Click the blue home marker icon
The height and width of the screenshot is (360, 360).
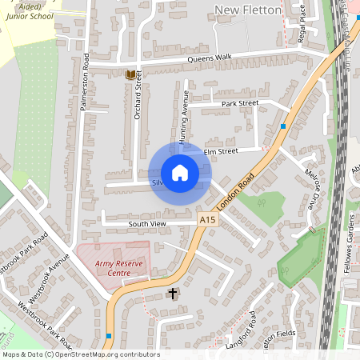click(180, 173)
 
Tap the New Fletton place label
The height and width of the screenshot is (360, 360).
click(249, 10)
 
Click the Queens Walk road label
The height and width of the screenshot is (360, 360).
click(210, 58)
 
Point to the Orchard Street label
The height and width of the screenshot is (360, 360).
click(138, 105)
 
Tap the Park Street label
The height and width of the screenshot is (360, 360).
click(240, 103)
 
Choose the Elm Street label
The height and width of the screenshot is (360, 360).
click(221, 150)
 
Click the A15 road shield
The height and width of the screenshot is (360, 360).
click(208, 219)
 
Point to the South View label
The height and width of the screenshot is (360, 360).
click(147, 224)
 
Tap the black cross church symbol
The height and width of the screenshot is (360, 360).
click(172, 294)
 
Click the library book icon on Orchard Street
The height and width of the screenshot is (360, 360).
click(130, 74)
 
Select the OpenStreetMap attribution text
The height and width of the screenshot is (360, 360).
click(81, 354)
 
